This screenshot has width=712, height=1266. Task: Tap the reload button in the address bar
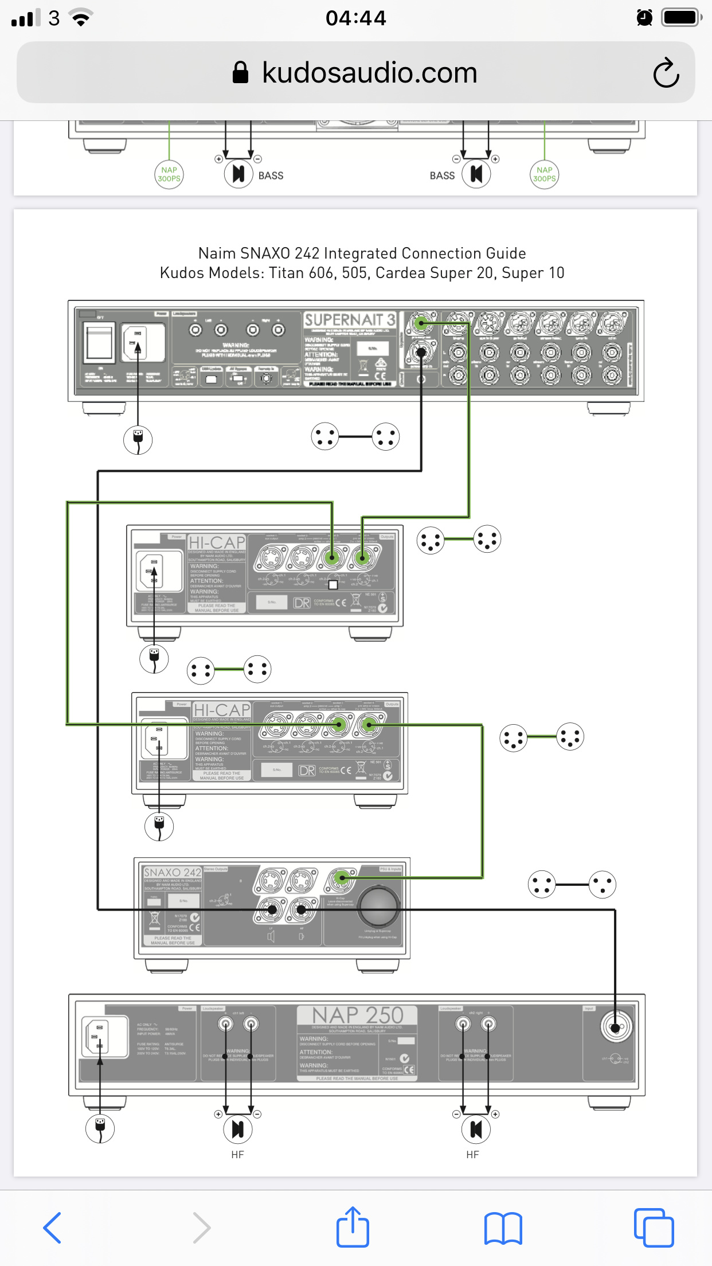tap(666, 73)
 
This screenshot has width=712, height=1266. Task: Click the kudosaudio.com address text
tap(369, 73)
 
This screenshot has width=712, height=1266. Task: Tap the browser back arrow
tap(52, 1228)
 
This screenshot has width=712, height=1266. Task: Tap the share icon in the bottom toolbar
tap(352, 1227)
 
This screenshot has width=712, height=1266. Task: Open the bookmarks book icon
tap(503, 1228)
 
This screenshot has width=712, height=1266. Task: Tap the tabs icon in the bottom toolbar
tap(654, 1228)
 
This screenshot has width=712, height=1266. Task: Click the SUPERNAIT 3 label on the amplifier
tap(349, 319)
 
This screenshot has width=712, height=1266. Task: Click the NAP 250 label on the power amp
tap(358, 1015)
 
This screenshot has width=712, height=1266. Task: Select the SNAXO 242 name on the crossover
tap(173, 872)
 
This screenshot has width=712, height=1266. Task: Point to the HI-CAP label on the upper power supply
tap(217, 542)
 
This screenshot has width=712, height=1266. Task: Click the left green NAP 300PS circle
tap(169, 174)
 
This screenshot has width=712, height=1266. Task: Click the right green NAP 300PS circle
tap(544, 174)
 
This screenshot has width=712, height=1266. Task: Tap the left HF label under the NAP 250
tap(237, 1155)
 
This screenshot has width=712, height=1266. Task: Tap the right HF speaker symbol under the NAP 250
tap(476, 1129)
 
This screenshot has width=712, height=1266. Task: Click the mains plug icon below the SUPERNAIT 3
tap(138, 440)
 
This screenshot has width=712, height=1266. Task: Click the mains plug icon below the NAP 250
tap(100, 1128)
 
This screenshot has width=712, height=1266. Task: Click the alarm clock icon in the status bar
tap(644, 18)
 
